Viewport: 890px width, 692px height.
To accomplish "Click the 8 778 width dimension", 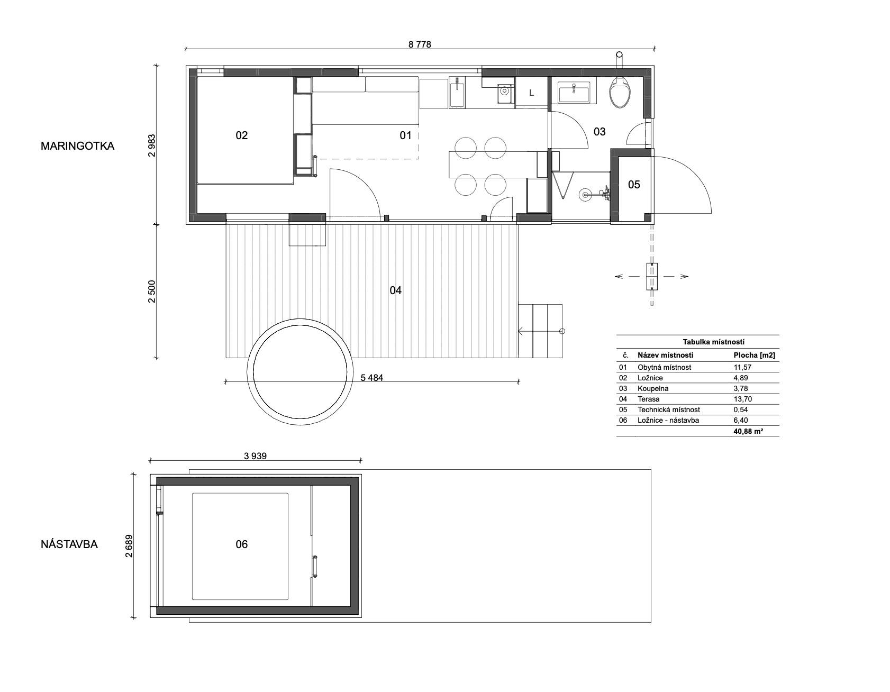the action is point(420,44).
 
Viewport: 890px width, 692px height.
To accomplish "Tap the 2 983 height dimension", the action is point(152,144).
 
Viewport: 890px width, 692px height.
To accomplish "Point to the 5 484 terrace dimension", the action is point(371,377).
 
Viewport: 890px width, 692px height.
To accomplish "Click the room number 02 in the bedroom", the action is point(241,135).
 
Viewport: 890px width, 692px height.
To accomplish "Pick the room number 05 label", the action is point(634,184).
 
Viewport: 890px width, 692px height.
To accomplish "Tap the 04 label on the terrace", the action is point(395,290).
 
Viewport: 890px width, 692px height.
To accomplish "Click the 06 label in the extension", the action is point(241,544).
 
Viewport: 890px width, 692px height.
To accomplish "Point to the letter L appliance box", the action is point(532,93).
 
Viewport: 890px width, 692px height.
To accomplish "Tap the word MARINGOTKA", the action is point(77,146).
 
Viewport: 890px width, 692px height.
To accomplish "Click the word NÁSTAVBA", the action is point(69,544).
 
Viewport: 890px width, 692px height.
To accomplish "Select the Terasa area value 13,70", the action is point(741,399).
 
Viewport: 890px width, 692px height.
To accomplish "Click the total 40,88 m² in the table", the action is point(747,431).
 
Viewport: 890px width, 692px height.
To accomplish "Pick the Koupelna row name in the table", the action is point(653,388).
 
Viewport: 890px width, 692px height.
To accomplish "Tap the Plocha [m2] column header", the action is point(754,356).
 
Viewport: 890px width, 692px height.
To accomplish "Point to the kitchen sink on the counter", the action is point(457,94).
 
